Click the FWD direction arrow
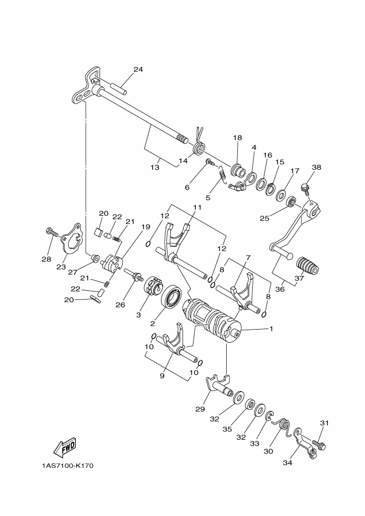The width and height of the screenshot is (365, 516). click(x=64, y=446)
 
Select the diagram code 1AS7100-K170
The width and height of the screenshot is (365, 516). click(x=67, y=466)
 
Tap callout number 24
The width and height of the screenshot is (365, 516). click(x=138, y=70)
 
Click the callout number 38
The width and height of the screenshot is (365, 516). click(x=316, y=167)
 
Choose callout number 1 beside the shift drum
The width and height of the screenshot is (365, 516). click(x=272, y=329)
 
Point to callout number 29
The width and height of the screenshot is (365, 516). click(x=200, y=409)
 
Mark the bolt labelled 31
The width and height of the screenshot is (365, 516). click(x=319, y=444)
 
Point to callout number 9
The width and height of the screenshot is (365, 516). click(x=163, y=376)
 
